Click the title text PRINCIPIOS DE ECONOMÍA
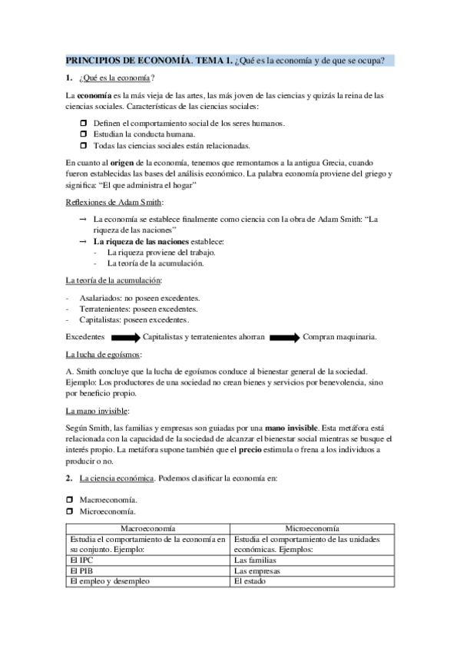(126, 61)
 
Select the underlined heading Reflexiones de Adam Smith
(114, 202)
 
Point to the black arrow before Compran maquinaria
(284, 336)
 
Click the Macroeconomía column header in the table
(147, 529)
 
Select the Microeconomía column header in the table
(313, 529)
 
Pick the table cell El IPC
(80, 560)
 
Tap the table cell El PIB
(80, 571)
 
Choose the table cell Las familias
(257, 560)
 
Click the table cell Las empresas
(259, 571)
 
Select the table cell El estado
(250, 581)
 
